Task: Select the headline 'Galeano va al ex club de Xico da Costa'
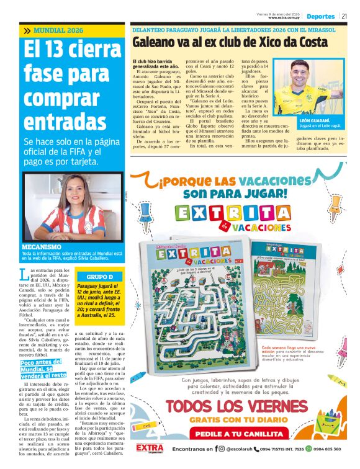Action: coord(230,42)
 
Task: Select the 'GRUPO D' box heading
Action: coord(100,276)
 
